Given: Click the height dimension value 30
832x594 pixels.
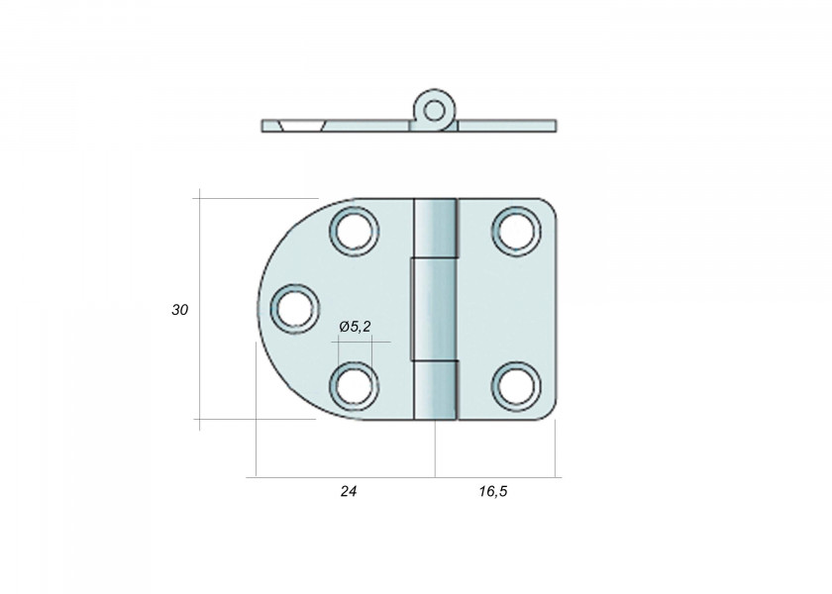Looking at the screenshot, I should coord(179,310).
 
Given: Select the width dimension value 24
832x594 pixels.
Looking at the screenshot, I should coord(347,491).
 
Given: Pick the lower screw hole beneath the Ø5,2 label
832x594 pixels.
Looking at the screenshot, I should coord(354,384).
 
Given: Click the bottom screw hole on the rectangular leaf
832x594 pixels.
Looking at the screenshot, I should coord(515,384).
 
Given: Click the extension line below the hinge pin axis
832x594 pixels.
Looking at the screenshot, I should coord(436,450).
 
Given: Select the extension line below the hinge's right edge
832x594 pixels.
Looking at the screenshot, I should coord(555,450).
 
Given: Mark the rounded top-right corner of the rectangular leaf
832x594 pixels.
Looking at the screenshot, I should coord(548,206).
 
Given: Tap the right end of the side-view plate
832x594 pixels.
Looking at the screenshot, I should coord(553,126).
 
